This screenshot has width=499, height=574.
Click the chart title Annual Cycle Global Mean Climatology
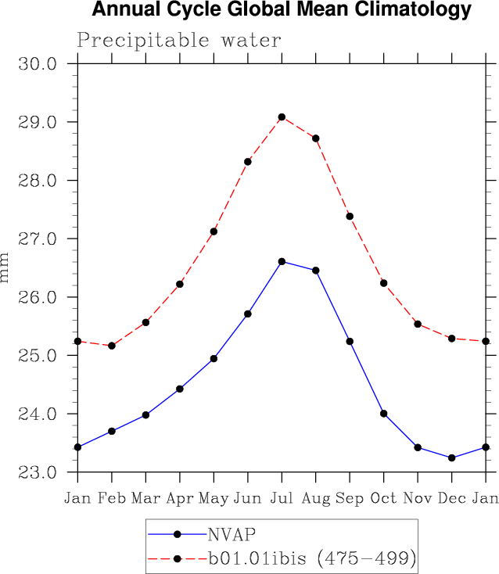[282, 11]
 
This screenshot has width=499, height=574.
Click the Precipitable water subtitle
[178, 40]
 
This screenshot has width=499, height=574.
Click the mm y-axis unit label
[5, 267]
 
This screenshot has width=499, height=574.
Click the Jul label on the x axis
[282, 498]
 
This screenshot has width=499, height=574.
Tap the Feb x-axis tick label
[112, 498]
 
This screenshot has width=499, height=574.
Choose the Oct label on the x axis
[383, 498]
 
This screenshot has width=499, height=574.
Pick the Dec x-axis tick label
[451, 498]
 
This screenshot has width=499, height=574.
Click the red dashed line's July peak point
[282, 117]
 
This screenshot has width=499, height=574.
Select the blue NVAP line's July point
[282, 261]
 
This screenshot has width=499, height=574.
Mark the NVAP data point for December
[451, 457]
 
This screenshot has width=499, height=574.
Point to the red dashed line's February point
[112, 346]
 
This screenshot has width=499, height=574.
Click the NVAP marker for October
[383, 413]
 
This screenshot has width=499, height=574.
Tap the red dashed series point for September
[350, 216]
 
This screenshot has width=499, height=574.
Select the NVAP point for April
[180, 389]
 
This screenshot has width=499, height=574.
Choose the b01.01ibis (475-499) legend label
[311, 558]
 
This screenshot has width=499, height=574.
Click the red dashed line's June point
[248, 162]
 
